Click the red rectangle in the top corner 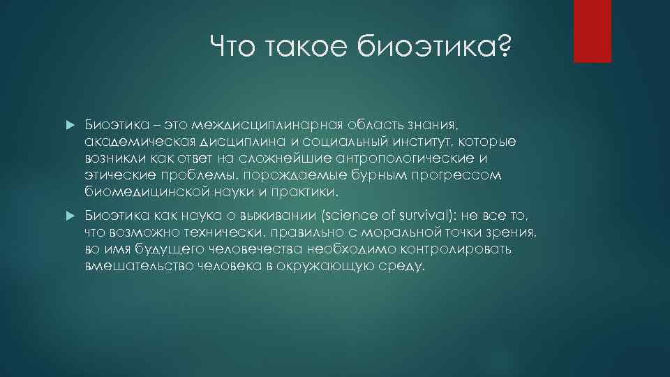click(592, 31)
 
